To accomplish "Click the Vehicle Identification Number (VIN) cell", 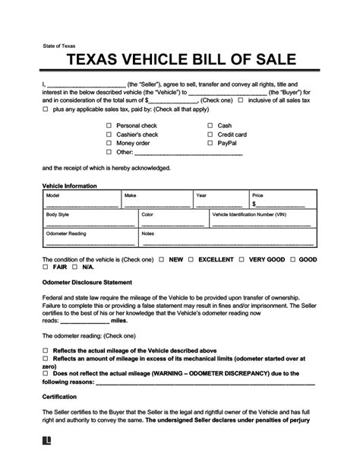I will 263,221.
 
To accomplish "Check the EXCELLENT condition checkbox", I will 192,260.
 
